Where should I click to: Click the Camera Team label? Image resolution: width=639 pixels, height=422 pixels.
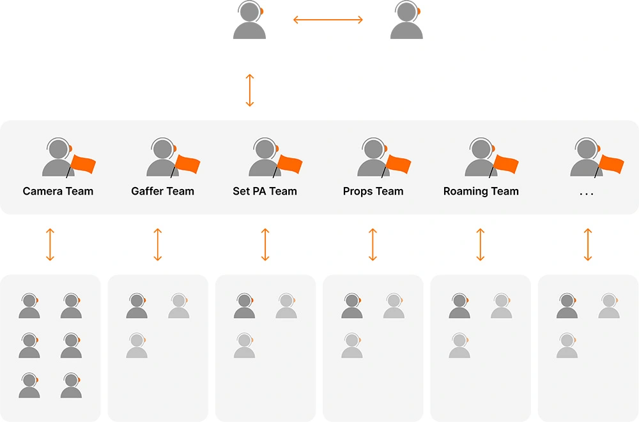coord(58,191)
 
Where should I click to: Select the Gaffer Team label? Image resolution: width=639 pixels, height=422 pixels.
coord(162,191)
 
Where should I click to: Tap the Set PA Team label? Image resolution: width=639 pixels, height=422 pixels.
coord(265,191)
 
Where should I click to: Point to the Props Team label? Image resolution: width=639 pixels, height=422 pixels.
coord(373,191)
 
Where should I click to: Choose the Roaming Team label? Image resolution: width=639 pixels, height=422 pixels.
coord(481,191)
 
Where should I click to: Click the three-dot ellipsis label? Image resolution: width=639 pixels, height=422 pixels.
coord(586,192)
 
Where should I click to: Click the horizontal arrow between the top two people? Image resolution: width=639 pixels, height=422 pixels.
coord(328,20)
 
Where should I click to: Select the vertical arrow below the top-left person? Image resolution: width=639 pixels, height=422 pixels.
coord(250,90)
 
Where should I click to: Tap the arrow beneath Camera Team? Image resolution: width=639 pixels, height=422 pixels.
coord(50,244)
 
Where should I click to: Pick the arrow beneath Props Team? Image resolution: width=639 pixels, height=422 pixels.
coord(373,244)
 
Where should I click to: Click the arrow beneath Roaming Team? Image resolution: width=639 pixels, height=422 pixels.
coord(481,244)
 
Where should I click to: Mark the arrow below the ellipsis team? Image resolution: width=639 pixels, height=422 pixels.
coord(588,244)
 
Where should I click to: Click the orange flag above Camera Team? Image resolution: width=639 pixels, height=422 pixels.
coord(83,164)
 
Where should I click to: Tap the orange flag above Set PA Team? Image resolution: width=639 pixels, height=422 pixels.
coord(289,164)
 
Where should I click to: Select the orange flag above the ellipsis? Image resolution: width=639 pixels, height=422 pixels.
coord(612,164)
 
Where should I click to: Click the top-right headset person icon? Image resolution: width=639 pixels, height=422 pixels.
coord(406,21)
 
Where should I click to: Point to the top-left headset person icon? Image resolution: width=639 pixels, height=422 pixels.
coord(249,21)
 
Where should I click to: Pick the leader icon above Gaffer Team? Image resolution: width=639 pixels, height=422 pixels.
coord(162,158)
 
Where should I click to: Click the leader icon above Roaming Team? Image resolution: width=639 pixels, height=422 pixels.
coord(481,158)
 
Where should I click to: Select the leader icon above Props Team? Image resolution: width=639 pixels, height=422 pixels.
coord(373,158)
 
